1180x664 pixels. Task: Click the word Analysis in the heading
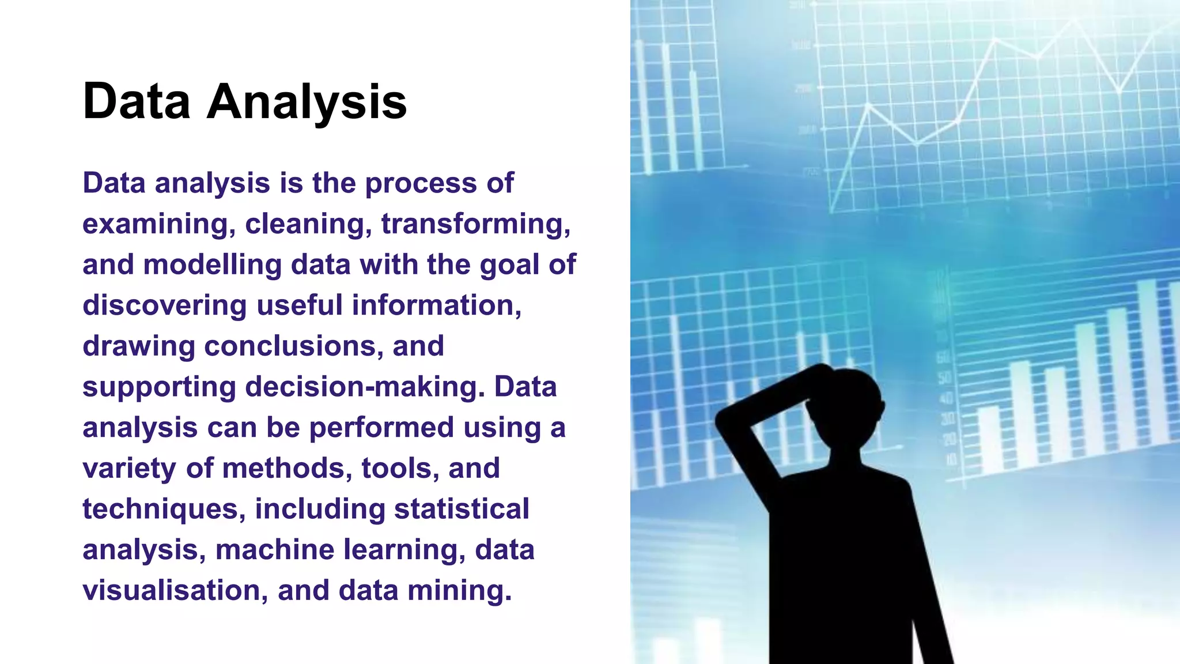(x=307, y=102)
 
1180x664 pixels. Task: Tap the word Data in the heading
(x=137, y=102)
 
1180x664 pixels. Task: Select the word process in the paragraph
(x=420, y=184)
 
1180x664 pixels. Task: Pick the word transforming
(x=475, y=224)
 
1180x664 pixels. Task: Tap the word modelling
(x=212, y=265)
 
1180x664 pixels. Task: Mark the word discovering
(x=164, y=305)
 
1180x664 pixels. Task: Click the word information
(x=436, y=305)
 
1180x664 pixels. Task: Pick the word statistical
(x=462, y=510)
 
